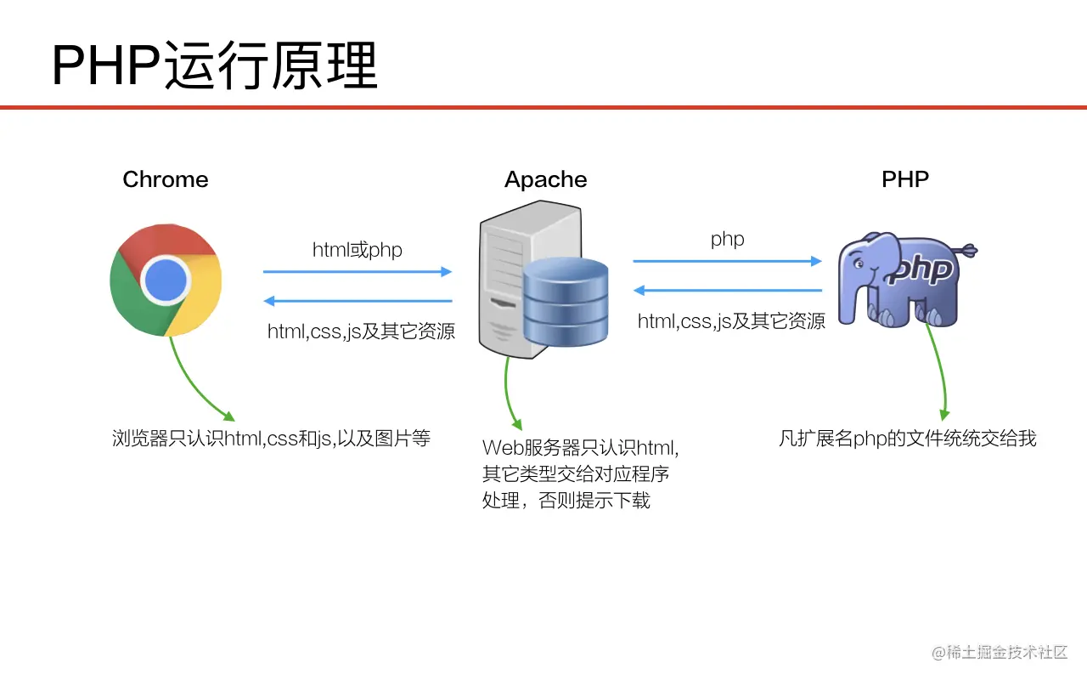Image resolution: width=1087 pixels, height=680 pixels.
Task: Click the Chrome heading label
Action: (x=166, y=179)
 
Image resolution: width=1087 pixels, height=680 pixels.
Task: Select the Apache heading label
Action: (x=545, y=179)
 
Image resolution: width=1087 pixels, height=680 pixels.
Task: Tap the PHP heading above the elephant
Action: (x=905, y=179)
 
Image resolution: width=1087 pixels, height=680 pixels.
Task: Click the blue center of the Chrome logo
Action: (x=166, y=280)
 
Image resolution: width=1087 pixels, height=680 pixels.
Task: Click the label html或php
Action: (x=357, y=250)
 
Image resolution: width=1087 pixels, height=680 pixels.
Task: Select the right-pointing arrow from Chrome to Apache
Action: (x=357, y=272)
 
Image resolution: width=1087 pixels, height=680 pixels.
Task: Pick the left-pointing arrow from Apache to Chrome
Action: (x=357, y=301)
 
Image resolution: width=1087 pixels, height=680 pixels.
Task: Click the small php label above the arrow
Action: (x=728, y=239)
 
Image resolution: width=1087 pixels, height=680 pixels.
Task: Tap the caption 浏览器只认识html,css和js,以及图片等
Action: (x=272, y=439)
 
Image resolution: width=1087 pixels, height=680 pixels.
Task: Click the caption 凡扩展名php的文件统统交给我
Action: (x=908, y=439)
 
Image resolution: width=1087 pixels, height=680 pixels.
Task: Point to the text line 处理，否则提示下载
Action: (x=566, y=501)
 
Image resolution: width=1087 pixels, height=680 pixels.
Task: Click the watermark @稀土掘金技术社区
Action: (x=1000, y=652)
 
